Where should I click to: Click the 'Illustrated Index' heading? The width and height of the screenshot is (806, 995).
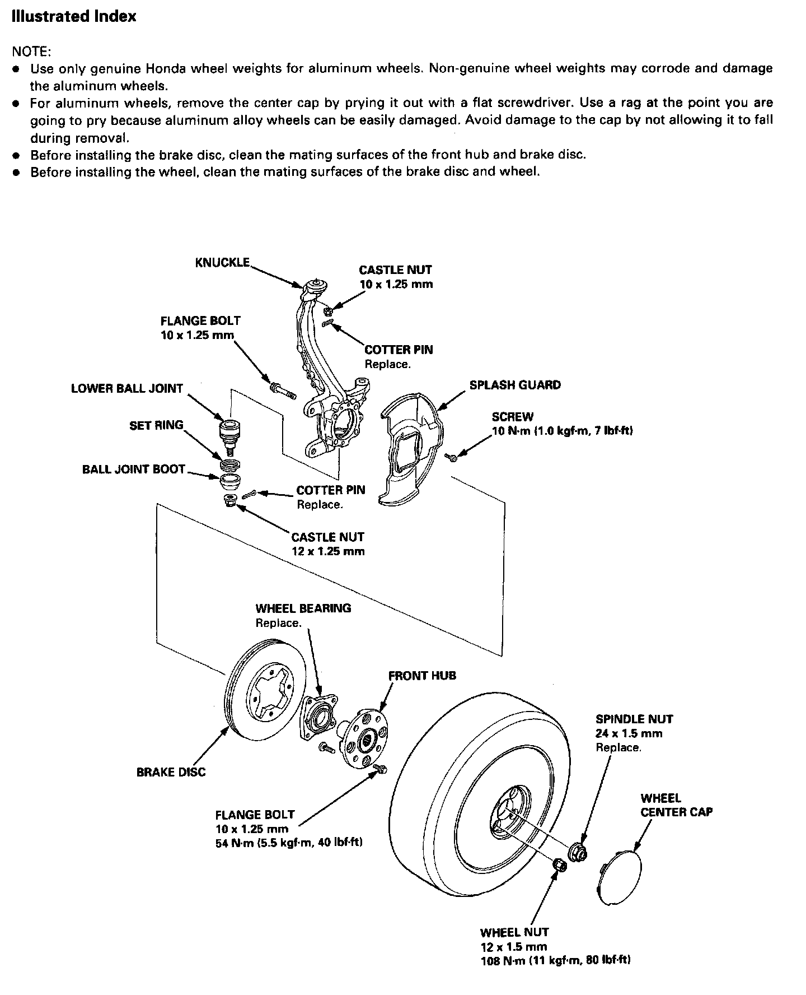tap(74, 17)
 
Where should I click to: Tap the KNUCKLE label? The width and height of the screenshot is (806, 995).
tap(222, 262)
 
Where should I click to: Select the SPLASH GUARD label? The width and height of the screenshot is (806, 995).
tap(515, 385)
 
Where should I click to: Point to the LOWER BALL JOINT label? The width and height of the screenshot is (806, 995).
tap(127, 388)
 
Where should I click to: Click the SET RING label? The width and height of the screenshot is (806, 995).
tap(156, 425)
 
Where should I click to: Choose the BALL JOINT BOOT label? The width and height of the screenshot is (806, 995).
tap(133, 469)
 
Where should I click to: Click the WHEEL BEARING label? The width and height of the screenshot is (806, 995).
tap(303, 608)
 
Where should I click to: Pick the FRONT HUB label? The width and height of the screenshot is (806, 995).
tap(422, 676)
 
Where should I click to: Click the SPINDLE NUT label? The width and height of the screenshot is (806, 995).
tap(634, 719)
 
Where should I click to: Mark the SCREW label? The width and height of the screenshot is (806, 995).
tap(513, 417)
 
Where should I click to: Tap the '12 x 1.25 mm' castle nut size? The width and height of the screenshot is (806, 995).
tap(328, 551)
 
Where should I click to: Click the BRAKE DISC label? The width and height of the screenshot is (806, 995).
tap(171, 772)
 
